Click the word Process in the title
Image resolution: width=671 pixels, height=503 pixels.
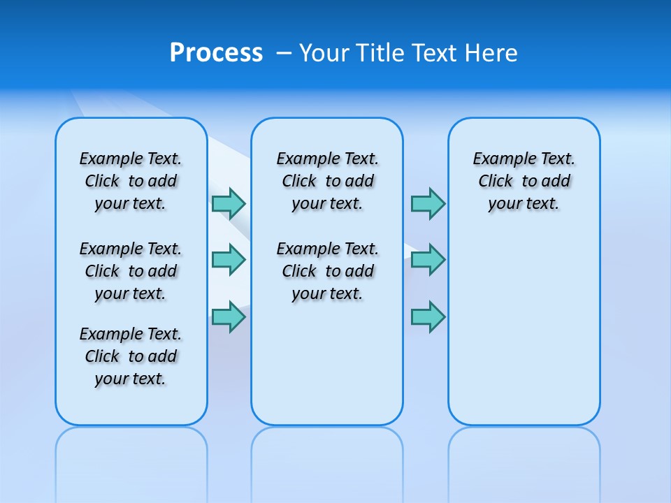(216, 53)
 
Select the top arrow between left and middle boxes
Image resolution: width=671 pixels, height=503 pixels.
(229, 203)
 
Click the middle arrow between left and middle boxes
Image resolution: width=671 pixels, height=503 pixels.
(229, 260)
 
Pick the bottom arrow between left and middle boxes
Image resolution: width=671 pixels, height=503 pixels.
(229, 316)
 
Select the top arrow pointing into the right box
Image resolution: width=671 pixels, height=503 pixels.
(428, 203)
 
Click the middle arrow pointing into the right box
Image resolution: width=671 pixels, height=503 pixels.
(428, 260)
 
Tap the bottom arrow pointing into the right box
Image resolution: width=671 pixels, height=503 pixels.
(428, 316)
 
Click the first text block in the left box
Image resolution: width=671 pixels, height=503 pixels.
(131, 181)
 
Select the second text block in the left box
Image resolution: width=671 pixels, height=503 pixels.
(131, 271)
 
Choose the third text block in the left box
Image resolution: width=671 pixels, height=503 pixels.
(131, 356)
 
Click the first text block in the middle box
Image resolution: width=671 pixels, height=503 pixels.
(327, 181)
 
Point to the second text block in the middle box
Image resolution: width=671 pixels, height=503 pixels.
(327, 271)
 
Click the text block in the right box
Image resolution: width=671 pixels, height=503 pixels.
(524, 181)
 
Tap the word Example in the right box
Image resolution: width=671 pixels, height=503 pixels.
(499, 159)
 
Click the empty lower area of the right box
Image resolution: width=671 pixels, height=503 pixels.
(524, 335)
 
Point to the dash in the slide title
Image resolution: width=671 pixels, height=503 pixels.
(284, 53)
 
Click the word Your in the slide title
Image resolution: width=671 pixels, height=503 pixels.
(325, 53)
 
